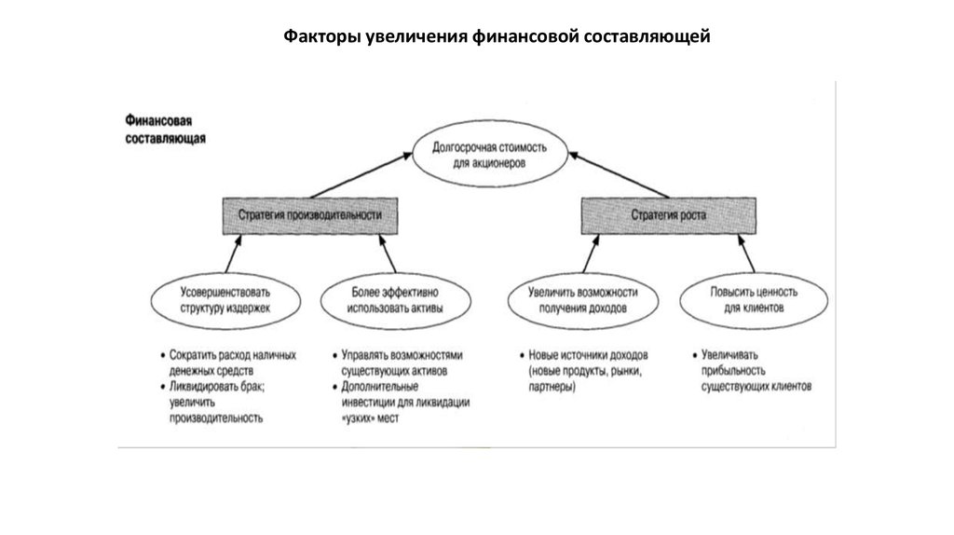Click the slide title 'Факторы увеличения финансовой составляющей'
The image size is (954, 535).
[x=497, y=37]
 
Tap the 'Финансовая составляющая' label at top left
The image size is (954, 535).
[x=165, y=129]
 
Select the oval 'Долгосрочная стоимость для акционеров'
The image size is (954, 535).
[x=490, y=155]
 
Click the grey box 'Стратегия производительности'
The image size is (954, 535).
[x=310, y=215]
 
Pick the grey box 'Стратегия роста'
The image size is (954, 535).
[x=669, y=215]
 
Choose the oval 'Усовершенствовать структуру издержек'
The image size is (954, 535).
[x=226, y=299]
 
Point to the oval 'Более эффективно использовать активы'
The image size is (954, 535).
[x=395, y=299]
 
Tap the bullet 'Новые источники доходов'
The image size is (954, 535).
[x=587, y=356]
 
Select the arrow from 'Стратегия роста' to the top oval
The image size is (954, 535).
[x=619, y=175]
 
